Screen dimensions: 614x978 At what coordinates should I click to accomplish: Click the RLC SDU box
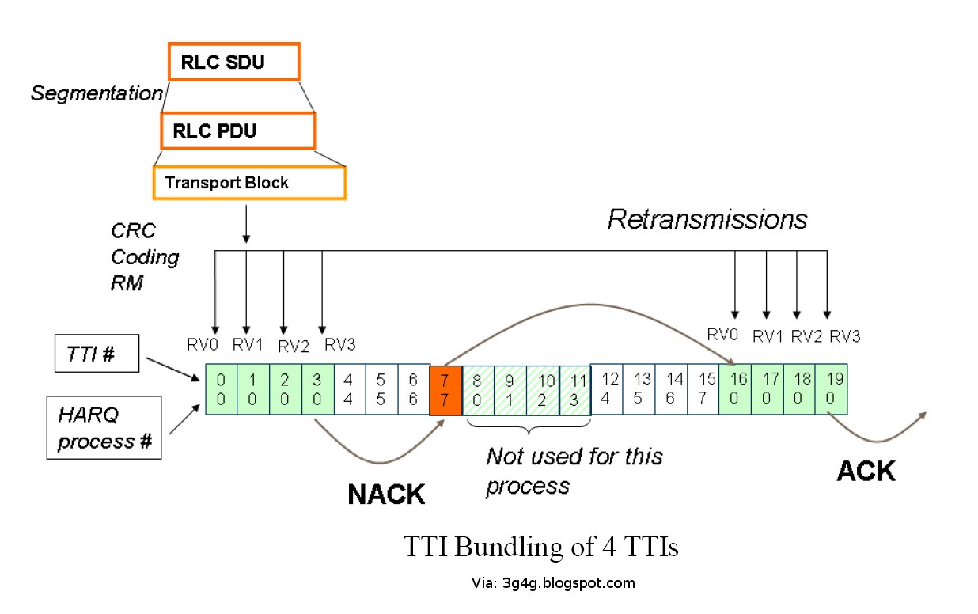click(x=234, y=62)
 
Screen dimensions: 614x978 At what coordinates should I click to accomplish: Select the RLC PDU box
click(x=238, y=130)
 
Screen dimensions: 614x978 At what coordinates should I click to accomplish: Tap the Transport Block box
click(x=248, y=183)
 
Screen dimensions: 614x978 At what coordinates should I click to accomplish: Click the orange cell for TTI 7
click(x=445, y=389)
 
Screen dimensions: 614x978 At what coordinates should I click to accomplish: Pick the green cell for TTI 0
click(x=221, y=389)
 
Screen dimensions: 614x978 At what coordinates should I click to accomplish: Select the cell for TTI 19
click(x=831, y=389)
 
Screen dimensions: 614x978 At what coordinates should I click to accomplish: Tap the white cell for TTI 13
click(x=639, y=389)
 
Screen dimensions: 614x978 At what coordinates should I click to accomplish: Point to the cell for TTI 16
click(x=734, y=389)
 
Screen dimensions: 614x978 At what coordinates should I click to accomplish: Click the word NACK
click(x=386, y=495)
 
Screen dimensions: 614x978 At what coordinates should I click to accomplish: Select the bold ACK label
click(x=866, y=472)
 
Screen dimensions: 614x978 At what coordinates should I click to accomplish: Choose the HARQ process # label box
click(x=104, y=428)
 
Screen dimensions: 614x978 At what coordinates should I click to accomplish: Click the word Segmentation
click(x=96, y=93)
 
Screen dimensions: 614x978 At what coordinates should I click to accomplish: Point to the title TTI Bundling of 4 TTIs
click(x=540, y=547)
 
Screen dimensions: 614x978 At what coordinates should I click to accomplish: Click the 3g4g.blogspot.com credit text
click(x=552, y=583)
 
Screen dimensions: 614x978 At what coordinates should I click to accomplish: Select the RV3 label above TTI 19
click(x=843, y=336)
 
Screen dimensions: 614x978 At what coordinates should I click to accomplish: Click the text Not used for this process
click(x=574, y=470)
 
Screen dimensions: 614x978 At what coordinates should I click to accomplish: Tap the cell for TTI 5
click(x=381, y=389)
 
